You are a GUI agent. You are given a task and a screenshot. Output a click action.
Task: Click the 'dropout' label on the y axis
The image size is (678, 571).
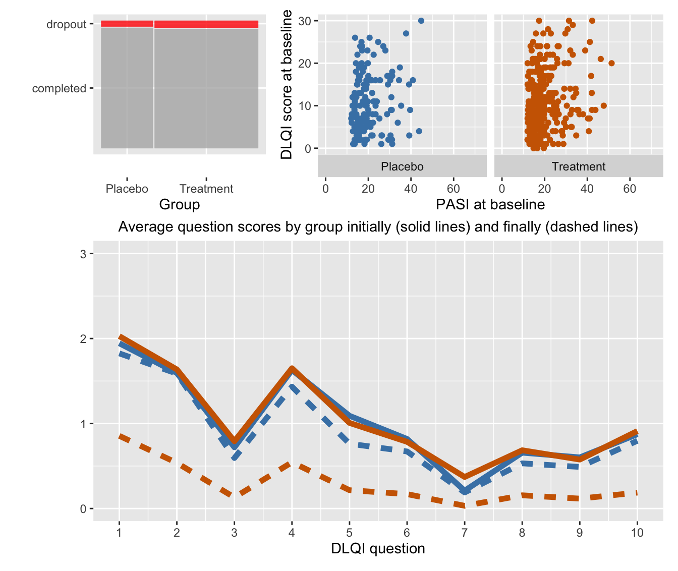[67, 24]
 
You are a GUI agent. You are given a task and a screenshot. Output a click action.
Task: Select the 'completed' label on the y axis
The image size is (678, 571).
[59, 89]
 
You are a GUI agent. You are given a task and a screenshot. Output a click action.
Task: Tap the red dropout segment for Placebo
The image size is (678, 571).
[127, 24]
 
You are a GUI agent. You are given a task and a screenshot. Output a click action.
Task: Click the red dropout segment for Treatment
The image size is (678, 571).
[206, 24]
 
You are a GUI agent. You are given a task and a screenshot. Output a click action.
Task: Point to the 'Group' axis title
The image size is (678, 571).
[179, 205]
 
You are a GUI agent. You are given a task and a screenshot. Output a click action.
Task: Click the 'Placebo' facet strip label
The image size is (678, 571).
[402, 166]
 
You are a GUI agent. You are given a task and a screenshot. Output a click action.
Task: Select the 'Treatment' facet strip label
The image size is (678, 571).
[578, 166]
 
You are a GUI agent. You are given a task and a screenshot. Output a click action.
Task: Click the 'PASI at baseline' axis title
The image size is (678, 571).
[490, 204]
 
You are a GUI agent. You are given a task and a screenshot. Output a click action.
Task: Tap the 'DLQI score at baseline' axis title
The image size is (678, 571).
[287, 84]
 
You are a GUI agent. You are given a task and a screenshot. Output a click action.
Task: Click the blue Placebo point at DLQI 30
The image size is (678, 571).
[421, 21]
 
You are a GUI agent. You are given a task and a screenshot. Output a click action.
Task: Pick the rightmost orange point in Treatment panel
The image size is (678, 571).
[611, 63]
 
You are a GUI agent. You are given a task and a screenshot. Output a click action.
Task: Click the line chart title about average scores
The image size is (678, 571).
[378, 227]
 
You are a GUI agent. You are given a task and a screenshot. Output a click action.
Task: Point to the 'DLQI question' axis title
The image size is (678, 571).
[378, 549]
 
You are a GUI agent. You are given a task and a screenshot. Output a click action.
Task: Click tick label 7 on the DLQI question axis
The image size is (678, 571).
[464, 533]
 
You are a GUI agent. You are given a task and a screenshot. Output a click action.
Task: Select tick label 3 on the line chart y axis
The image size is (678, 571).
[83, 254]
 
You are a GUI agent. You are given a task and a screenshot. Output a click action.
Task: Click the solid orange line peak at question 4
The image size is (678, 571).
[292, 369]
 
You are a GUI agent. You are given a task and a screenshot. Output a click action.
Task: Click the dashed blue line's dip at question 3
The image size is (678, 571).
[234, 456]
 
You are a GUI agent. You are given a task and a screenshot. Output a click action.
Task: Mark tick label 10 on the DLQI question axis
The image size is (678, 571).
[637, 533]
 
